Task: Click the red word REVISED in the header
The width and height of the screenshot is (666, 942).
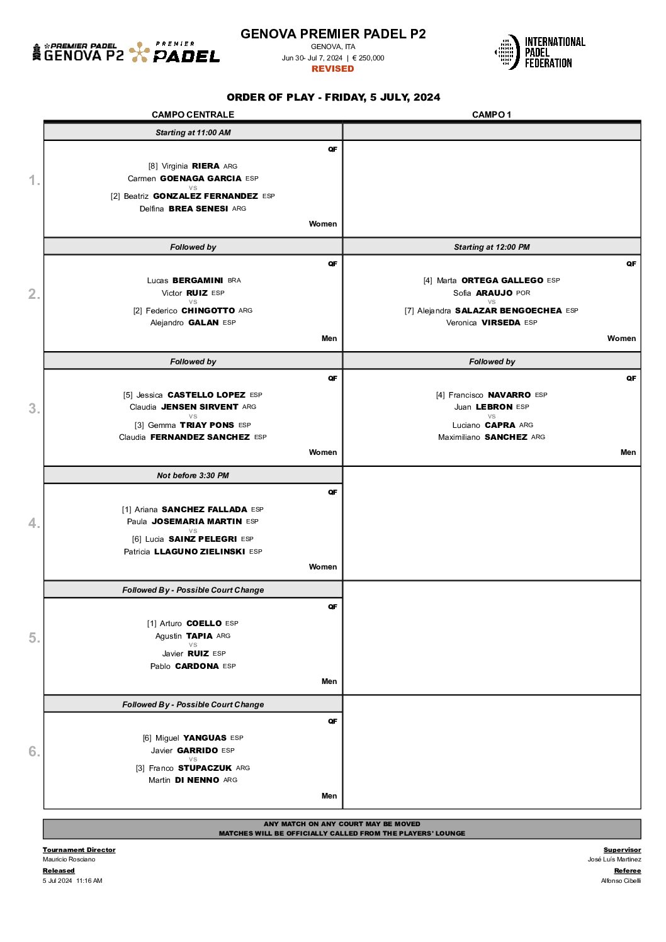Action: [x=332, y=69]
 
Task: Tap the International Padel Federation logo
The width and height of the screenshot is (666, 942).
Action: [x=539, y=52]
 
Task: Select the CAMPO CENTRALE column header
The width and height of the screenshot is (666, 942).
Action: [x=193, y=115]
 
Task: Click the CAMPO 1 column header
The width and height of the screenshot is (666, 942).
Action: [x=492, y=115]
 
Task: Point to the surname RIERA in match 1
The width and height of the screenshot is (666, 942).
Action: [x=205, y=166]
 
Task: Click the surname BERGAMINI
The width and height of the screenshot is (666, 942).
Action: [x=198, y=281]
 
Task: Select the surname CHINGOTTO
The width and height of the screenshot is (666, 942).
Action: [x=208, y=310]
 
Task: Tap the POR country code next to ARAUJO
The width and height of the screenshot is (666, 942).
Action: [x=523, y=293]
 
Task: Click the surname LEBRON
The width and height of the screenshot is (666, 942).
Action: [x=494, y=407]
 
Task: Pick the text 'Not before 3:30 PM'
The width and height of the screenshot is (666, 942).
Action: [x=193, y=476]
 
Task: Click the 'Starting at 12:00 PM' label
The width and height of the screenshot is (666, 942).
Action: [x=492, y=247]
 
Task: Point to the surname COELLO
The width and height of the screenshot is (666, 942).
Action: [x=204, y=624]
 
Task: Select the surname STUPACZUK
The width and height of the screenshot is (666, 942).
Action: [x=205, y=768]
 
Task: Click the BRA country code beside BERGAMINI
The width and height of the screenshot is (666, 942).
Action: [x=234, y=281]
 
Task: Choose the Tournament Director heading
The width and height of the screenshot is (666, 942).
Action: [x=79, y=850]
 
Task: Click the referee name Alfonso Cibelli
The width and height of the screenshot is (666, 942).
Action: [x=621, y=881]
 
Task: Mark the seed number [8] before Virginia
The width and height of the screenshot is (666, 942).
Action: [x=153, y=166]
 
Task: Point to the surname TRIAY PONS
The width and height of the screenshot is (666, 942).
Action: [x=207, y=425]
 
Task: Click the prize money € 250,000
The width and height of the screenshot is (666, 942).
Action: [x=368, y=58]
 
